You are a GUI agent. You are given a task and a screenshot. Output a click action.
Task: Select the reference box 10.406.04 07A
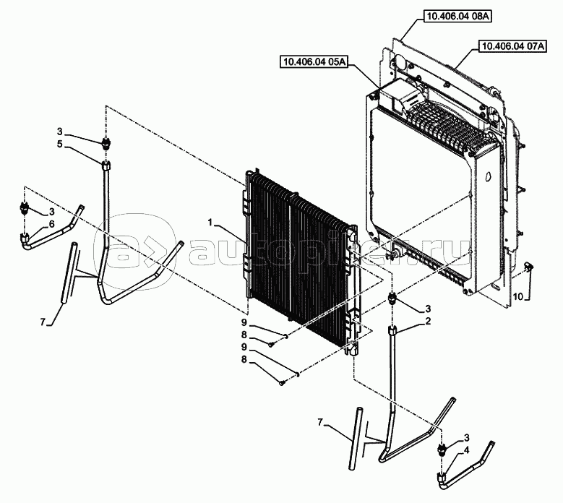coord(512,46)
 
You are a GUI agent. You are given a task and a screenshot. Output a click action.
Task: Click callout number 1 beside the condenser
coord(211,223)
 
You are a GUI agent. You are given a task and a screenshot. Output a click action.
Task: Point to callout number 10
coord(518,296)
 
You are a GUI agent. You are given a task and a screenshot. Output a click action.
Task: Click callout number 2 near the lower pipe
coord(428,321)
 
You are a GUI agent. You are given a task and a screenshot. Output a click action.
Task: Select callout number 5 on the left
coord(59,144)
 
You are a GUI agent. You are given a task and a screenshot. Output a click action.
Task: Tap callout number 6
coord(52,224)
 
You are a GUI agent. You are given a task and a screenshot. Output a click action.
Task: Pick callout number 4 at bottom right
coord(467,450)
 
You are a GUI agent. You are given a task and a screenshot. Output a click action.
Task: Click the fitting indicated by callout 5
coord(106,166)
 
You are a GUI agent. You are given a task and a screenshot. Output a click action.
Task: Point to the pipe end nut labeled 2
coord(392,330)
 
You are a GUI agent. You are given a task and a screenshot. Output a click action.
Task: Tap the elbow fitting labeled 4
coord(442,478)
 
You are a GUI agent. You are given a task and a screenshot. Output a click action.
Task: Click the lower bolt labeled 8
coord(282,383)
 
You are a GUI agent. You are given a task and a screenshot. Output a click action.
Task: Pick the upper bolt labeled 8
coord(272,344)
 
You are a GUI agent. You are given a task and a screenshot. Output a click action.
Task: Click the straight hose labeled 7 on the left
coord(68,274)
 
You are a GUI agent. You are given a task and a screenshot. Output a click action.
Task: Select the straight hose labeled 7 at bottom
coord(356,438)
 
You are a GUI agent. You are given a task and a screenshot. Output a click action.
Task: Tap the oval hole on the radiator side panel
coord(487,176)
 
